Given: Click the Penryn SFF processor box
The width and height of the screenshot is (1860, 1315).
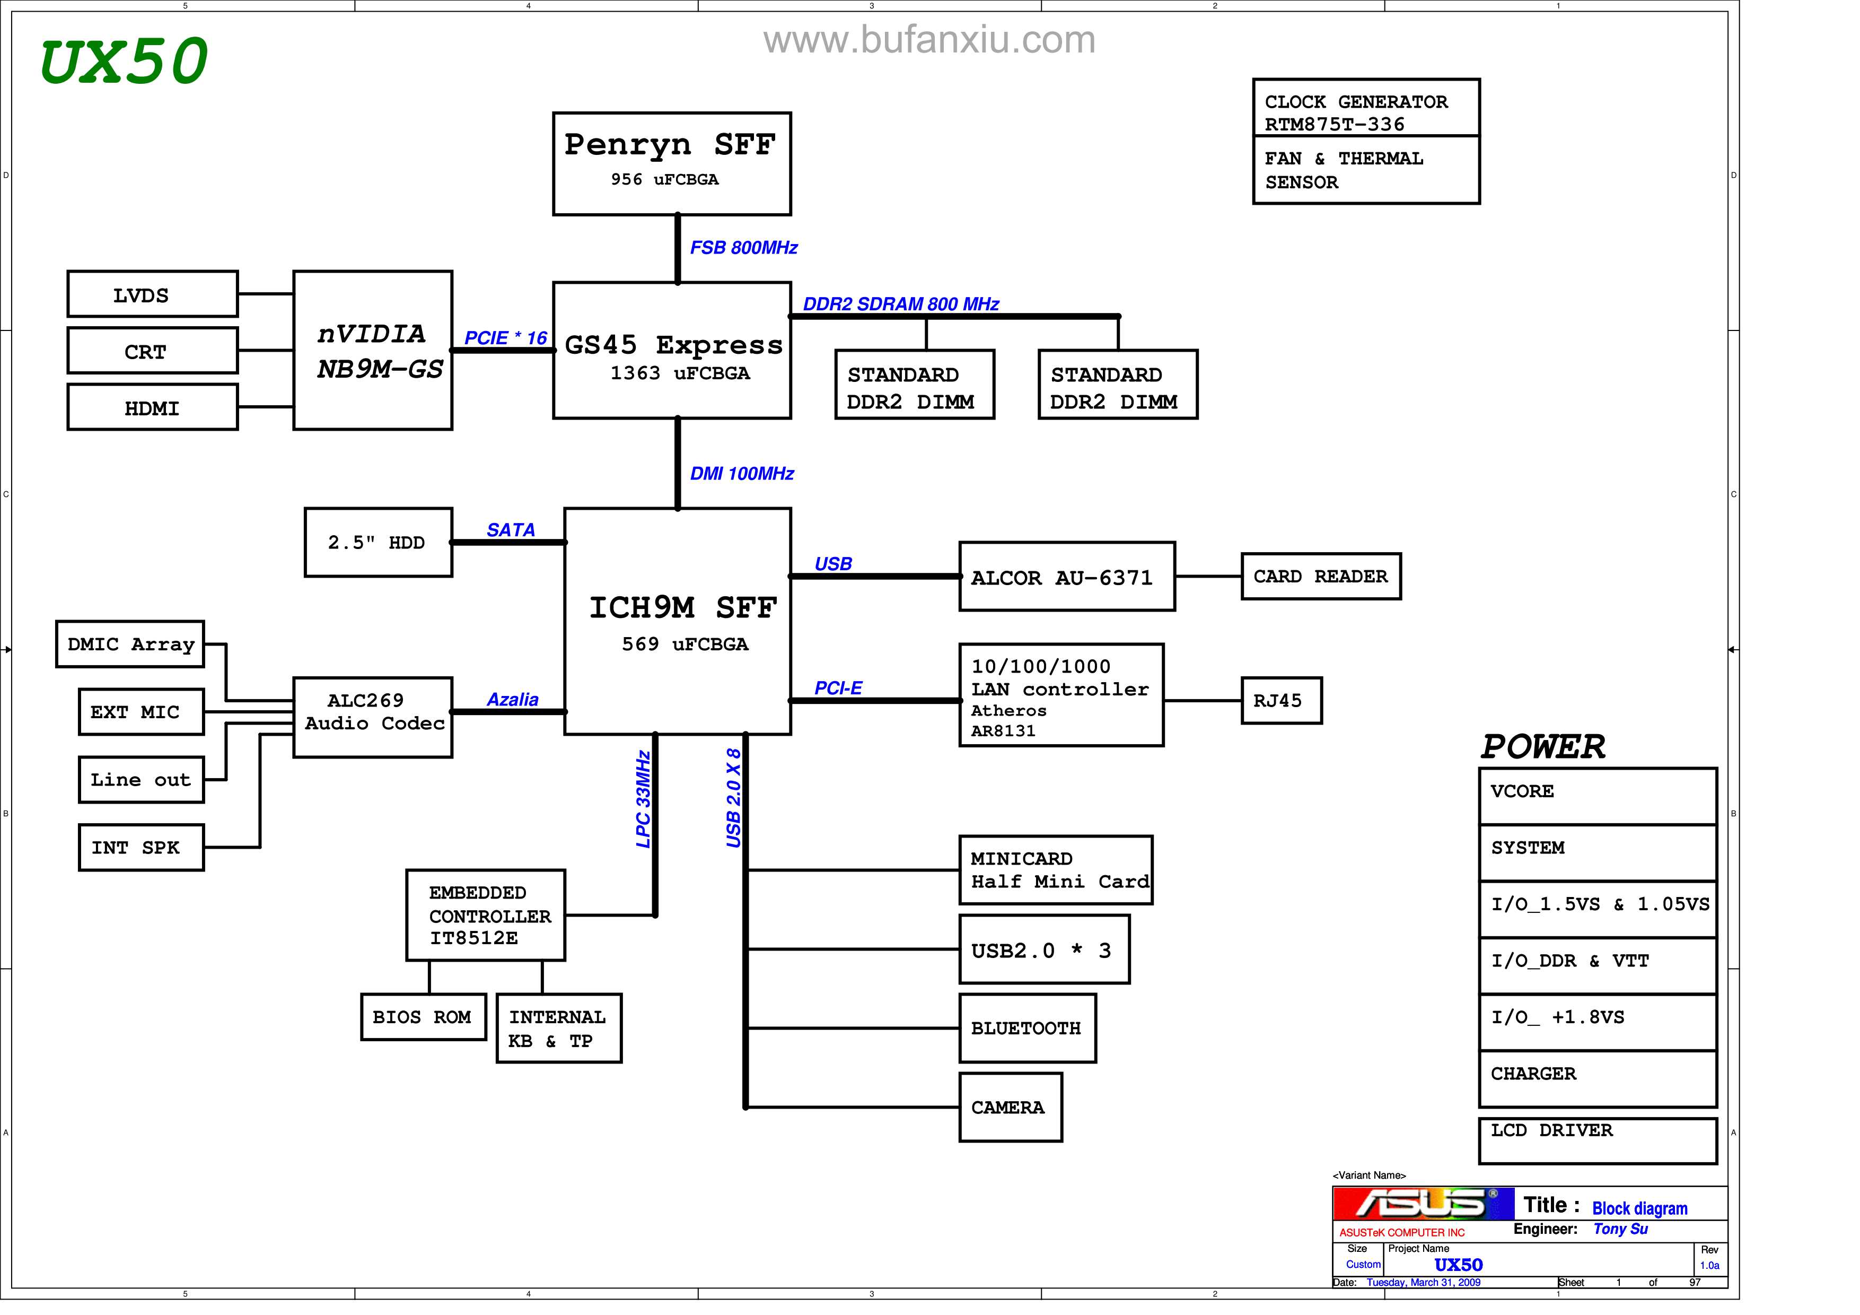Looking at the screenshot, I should pos(672,164).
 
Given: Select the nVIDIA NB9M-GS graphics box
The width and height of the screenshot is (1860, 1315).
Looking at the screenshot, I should pos(373,350).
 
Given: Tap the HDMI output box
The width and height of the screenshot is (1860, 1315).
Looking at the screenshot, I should pos(152,407).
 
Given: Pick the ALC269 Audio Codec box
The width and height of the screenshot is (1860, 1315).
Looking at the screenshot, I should pos(373,717).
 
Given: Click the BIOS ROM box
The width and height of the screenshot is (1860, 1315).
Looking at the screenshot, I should pos(423,1017).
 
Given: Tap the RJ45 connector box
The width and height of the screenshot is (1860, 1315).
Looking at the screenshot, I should pos(1281,701).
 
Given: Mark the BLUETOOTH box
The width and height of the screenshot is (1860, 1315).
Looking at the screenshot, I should pos(1027,1028).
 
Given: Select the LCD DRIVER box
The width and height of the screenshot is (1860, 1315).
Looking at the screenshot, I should pos(1596,1140).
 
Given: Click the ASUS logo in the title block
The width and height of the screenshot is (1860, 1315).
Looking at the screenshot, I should pos(1423,1203).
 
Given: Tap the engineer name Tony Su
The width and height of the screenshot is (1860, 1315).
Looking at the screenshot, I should pos(1620,1229).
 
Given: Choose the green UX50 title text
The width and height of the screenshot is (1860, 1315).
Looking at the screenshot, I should pos(124,62).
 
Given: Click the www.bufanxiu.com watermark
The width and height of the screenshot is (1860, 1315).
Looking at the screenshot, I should pos(929,40).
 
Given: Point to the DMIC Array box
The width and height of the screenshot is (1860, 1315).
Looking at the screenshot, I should pos(130,644).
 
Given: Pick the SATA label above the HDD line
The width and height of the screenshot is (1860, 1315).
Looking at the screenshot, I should pos(511,530).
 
